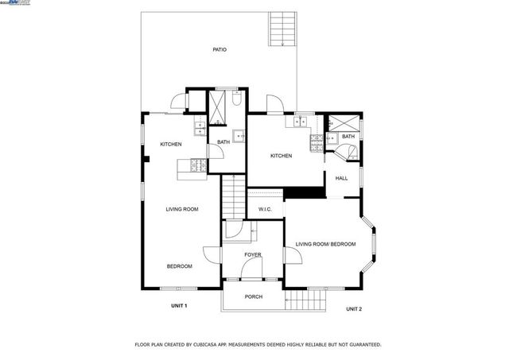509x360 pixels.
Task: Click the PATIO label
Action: pos(220,50)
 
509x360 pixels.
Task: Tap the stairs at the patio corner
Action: pos(282,29)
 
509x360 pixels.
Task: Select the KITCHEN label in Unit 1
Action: pos(171,144)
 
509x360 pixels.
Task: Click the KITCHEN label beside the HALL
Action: pos(281,156)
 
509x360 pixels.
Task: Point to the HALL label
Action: pos(341,178)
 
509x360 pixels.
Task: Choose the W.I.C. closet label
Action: pos(265,209)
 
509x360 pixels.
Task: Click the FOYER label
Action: pos(253,254)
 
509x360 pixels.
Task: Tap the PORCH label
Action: pos(253,296)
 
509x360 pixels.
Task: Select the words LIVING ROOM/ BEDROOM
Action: pos(325,244)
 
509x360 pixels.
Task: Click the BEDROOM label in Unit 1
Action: pos(179,266)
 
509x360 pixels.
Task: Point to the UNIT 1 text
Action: pos(179,305)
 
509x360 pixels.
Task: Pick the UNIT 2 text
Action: pos(354,308)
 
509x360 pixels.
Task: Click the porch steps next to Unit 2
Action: pos(306,300)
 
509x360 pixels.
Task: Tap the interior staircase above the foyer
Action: pos(231,195)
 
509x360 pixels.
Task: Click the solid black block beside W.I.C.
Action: pos(305,192)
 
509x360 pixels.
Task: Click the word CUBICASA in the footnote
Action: pos(223,345)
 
